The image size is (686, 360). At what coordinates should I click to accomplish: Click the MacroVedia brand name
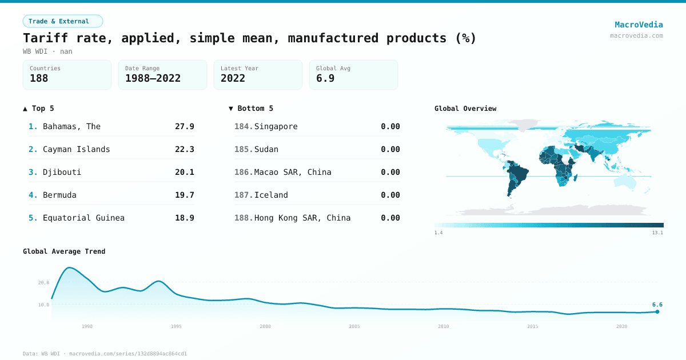(639, 25)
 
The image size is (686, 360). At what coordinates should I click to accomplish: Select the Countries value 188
(39, 78)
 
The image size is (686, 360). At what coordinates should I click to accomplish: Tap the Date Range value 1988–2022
(153, 78)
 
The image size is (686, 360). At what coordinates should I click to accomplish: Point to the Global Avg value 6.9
(325, 78)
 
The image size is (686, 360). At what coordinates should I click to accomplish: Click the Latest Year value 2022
(233, 78)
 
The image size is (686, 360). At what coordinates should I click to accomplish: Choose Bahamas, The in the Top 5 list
(71, 126)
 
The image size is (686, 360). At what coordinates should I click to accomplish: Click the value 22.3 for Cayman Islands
(184, 149)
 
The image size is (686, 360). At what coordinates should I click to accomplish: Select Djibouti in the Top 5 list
(62, 172)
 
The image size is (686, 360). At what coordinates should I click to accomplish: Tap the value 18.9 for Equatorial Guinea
(184, 218)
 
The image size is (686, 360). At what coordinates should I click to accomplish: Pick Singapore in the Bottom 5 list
(276, 126)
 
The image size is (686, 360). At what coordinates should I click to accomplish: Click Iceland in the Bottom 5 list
(271, 195)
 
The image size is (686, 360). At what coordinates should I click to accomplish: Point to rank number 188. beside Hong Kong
(244, 218)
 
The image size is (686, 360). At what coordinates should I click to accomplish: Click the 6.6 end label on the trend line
(657, 305)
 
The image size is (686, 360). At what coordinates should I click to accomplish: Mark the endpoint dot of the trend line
(657, 311)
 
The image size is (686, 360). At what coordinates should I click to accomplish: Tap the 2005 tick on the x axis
(354, 326)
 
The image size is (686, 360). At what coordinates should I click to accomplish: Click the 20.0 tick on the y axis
(43, 282)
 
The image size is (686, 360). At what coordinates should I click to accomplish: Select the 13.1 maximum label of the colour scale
(657, 233)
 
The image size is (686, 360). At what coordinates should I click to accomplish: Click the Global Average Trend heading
(64, 251)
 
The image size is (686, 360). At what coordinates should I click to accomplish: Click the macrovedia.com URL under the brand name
(636, 35)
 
